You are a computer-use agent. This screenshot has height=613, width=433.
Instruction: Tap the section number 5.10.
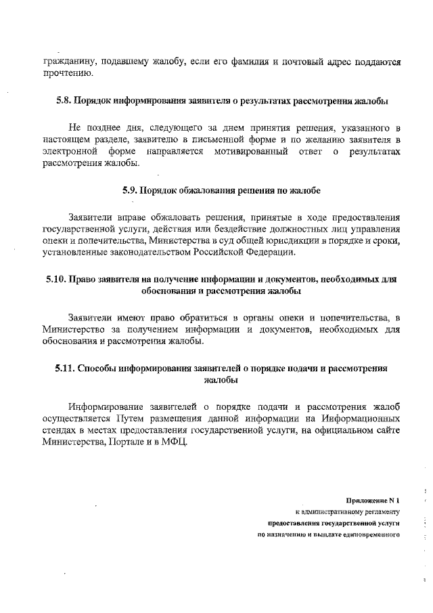(58, 279)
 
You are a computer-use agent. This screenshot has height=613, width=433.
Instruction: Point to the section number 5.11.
(66, 368)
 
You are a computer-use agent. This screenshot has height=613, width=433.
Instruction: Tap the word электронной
(68, 151)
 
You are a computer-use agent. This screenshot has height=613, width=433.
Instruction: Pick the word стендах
(59, 431)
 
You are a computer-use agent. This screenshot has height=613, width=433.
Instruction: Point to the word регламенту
(380, 511)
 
